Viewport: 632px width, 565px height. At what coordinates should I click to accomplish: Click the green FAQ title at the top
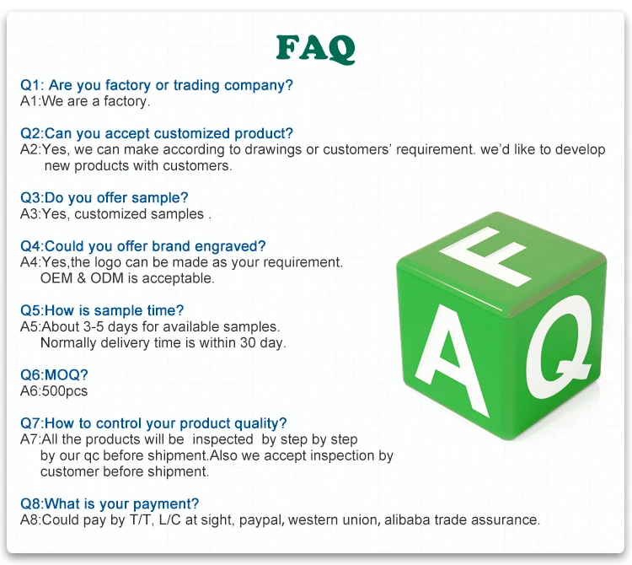click(316, 49)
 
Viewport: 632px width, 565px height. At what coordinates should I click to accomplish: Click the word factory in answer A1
click(126, 101)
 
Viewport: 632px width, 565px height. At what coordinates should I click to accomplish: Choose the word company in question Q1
click(259, 85)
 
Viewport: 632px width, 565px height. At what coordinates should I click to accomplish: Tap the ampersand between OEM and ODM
click(82, 278)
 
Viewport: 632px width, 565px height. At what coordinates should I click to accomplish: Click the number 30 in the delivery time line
click(248, 342)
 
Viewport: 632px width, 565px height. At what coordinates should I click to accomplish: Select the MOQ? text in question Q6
click(66, 374)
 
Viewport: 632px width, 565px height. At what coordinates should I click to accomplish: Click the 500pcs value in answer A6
click(65, 391)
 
